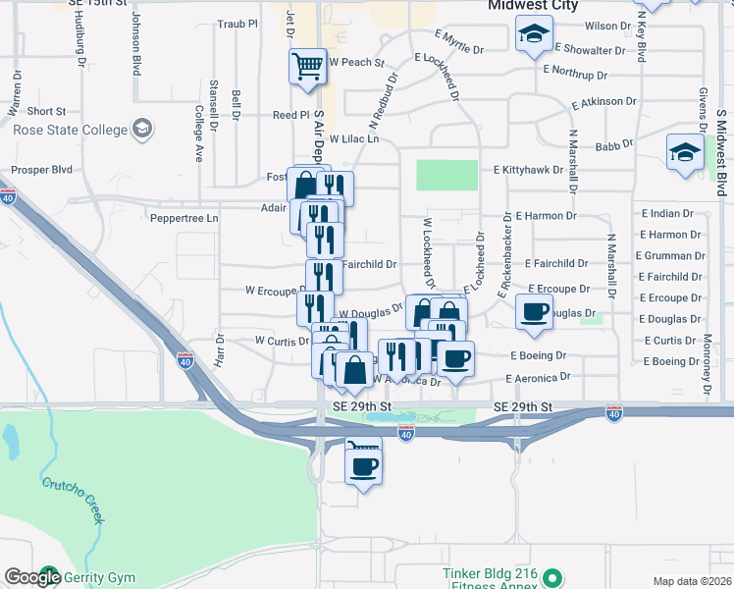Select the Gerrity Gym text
pyautogui.click(x=101, y=577)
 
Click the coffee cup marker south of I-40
pyautogui.click(x=363, y=463)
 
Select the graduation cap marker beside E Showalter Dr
pyautogui.click(x=534, y=35)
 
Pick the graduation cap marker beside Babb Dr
pyautogui.click(x=684, y=152)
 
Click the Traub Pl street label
pyautogui.click(x=236, y=23)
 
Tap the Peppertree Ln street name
pyautogui.click(x=183, y=217)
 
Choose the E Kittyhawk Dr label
pyautogui.click(x=529, y=170)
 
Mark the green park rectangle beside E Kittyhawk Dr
pyautogui.click(x=446, y=175)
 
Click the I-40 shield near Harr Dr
pyautogui.click(x=183, y=361)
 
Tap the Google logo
pyautogui.click(x=33, y=577)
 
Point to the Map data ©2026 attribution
pyautogui.click(x=691, y=581)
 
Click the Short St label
pyautogui.click(x=46, y=112)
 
